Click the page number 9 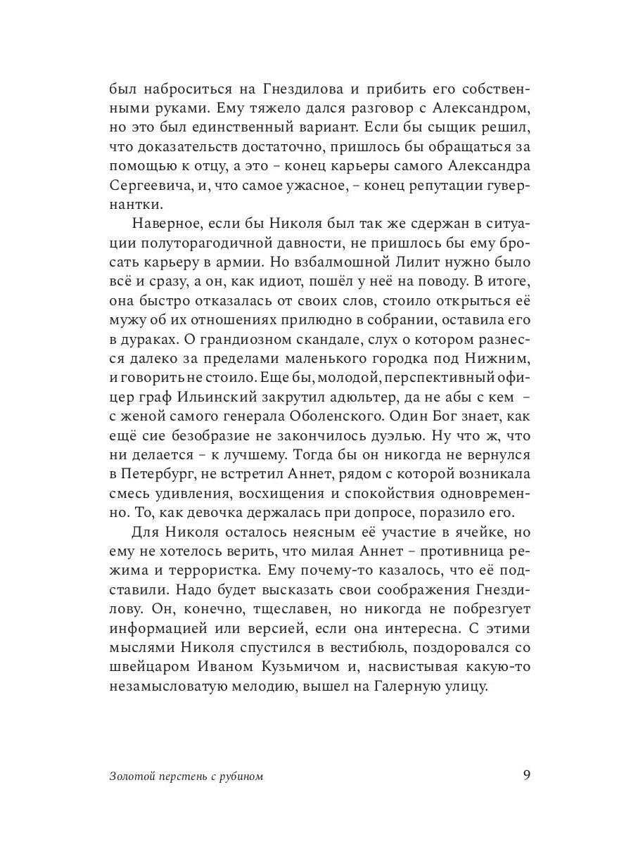click(x=527, y=776)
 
